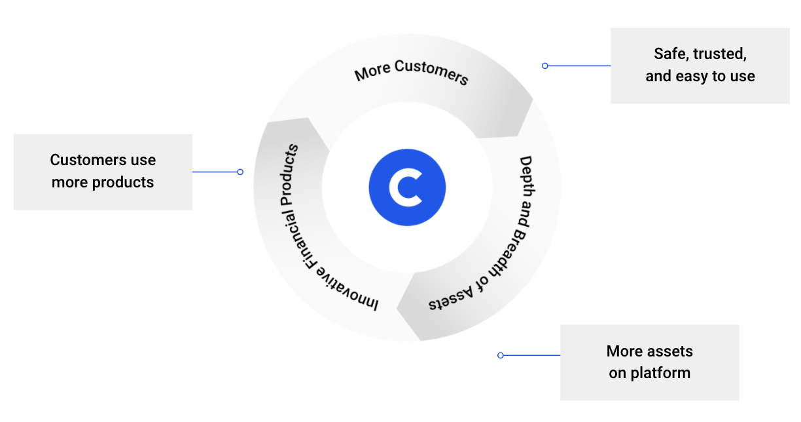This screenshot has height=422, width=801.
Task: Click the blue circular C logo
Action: tap(407, 187)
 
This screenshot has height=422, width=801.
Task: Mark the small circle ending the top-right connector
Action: tap(545, 66)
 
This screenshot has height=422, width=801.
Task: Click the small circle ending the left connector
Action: tap(240, 172)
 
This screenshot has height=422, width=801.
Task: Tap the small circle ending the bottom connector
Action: tap(501, 355)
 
